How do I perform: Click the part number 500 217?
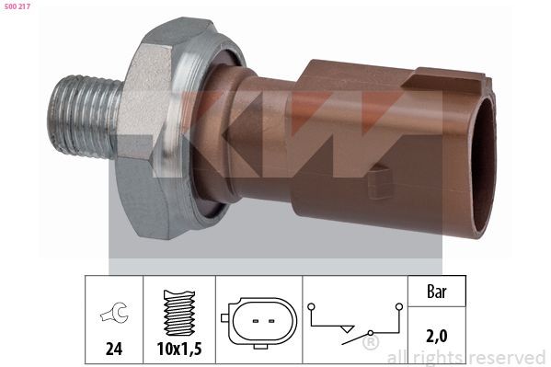[17, 6]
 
